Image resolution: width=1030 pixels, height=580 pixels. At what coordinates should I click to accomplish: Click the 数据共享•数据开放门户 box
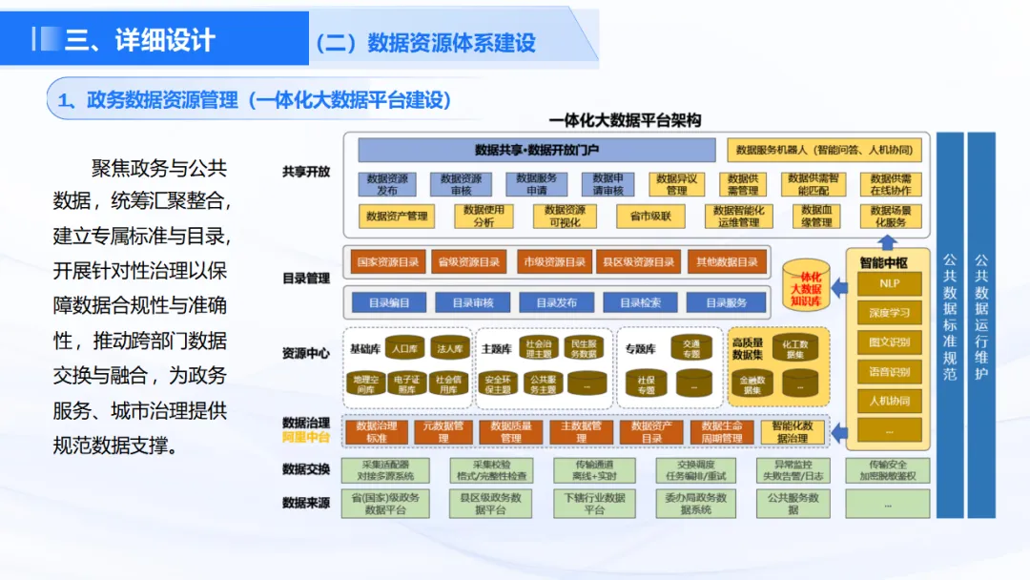[x=536, y=150]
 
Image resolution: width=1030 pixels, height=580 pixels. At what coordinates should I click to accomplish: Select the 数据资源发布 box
[x=387, y=184]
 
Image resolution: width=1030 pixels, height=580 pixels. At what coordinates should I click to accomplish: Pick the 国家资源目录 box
[x=387, y=261]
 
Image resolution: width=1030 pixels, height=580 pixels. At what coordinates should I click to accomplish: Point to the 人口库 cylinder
[x=405, y=348]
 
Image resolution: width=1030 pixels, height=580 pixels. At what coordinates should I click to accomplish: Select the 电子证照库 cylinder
[x=406, y=383]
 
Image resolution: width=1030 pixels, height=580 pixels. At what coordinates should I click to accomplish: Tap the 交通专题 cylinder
[x=691, y=348]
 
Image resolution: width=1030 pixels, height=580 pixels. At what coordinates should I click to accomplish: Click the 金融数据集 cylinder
[x=752, y=383]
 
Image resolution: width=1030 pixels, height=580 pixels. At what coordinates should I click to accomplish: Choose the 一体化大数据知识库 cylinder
[x=803, y=282]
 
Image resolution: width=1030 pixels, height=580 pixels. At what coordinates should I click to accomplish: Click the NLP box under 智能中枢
[x=889, y=284]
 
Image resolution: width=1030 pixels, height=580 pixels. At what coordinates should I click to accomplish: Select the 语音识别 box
[x=889, y=371]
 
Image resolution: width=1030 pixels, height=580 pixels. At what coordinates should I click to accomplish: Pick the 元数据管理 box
[x=443, y=432]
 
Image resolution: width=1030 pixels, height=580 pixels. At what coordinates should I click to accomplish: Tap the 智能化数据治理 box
[x=793, y=432]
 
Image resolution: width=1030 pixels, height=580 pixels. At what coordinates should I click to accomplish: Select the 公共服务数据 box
[x=793, y=503]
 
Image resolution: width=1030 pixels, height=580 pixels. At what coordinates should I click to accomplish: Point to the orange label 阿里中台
[x=306, y=438]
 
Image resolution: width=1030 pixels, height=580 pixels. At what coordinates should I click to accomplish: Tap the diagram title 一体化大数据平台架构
[x=625, y=120]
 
